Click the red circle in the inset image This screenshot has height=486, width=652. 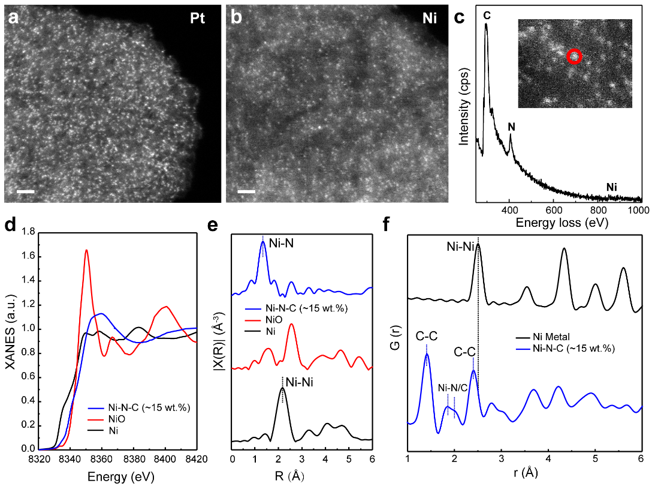574,57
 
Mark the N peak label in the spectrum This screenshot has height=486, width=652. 511,127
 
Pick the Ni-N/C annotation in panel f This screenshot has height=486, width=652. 453,388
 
